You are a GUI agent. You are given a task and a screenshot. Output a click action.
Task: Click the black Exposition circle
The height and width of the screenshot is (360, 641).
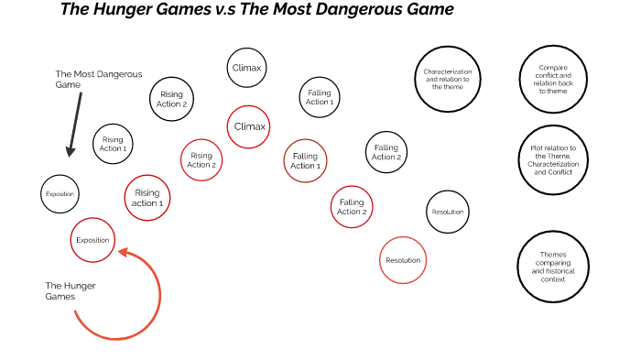pos(60,194)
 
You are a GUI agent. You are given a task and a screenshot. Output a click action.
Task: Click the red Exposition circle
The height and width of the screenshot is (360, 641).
pos(92,240)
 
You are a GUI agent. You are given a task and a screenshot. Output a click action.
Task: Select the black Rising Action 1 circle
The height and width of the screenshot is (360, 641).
pos(113,144)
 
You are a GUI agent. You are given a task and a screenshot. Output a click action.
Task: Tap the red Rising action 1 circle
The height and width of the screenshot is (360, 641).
pos(147,197)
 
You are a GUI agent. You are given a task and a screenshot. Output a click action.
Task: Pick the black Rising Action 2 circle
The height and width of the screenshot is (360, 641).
pos(172,99)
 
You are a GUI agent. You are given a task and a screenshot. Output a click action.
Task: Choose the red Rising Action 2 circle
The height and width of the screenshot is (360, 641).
pos(201,160)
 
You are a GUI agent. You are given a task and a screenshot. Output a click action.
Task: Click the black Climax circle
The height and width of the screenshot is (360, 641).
pos(247,68)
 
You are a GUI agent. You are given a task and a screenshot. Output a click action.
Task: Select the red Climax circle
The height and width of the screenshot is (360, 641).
pos(249,126)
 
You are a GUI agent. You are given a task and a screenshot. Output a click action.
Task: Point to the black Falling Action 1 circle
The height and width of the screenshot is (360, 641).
pos(320,97)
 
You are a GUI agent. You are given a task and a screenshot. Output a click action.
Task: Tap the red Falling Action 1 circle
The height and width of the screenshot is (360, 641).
pos(306,161)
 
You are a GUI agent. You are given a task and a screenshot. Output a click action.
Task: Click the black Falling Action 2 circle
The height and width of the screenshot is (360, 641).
pos(386,152)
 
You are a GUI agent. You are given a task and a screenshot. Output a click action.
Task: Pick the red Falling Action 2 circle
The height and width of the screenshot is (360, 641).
pos(352,207)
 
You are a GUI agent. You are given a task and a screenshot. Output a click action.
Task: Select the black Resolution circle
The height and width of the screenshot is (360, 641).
pos(448,213)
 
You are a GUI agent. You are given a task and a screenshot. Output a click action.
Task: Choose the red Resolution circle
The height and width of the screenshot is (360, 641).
pos(403,260)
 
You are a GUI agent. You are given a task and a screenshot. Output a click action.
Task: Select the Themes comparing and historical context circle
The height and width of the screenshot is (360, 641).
pos(553,266)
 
